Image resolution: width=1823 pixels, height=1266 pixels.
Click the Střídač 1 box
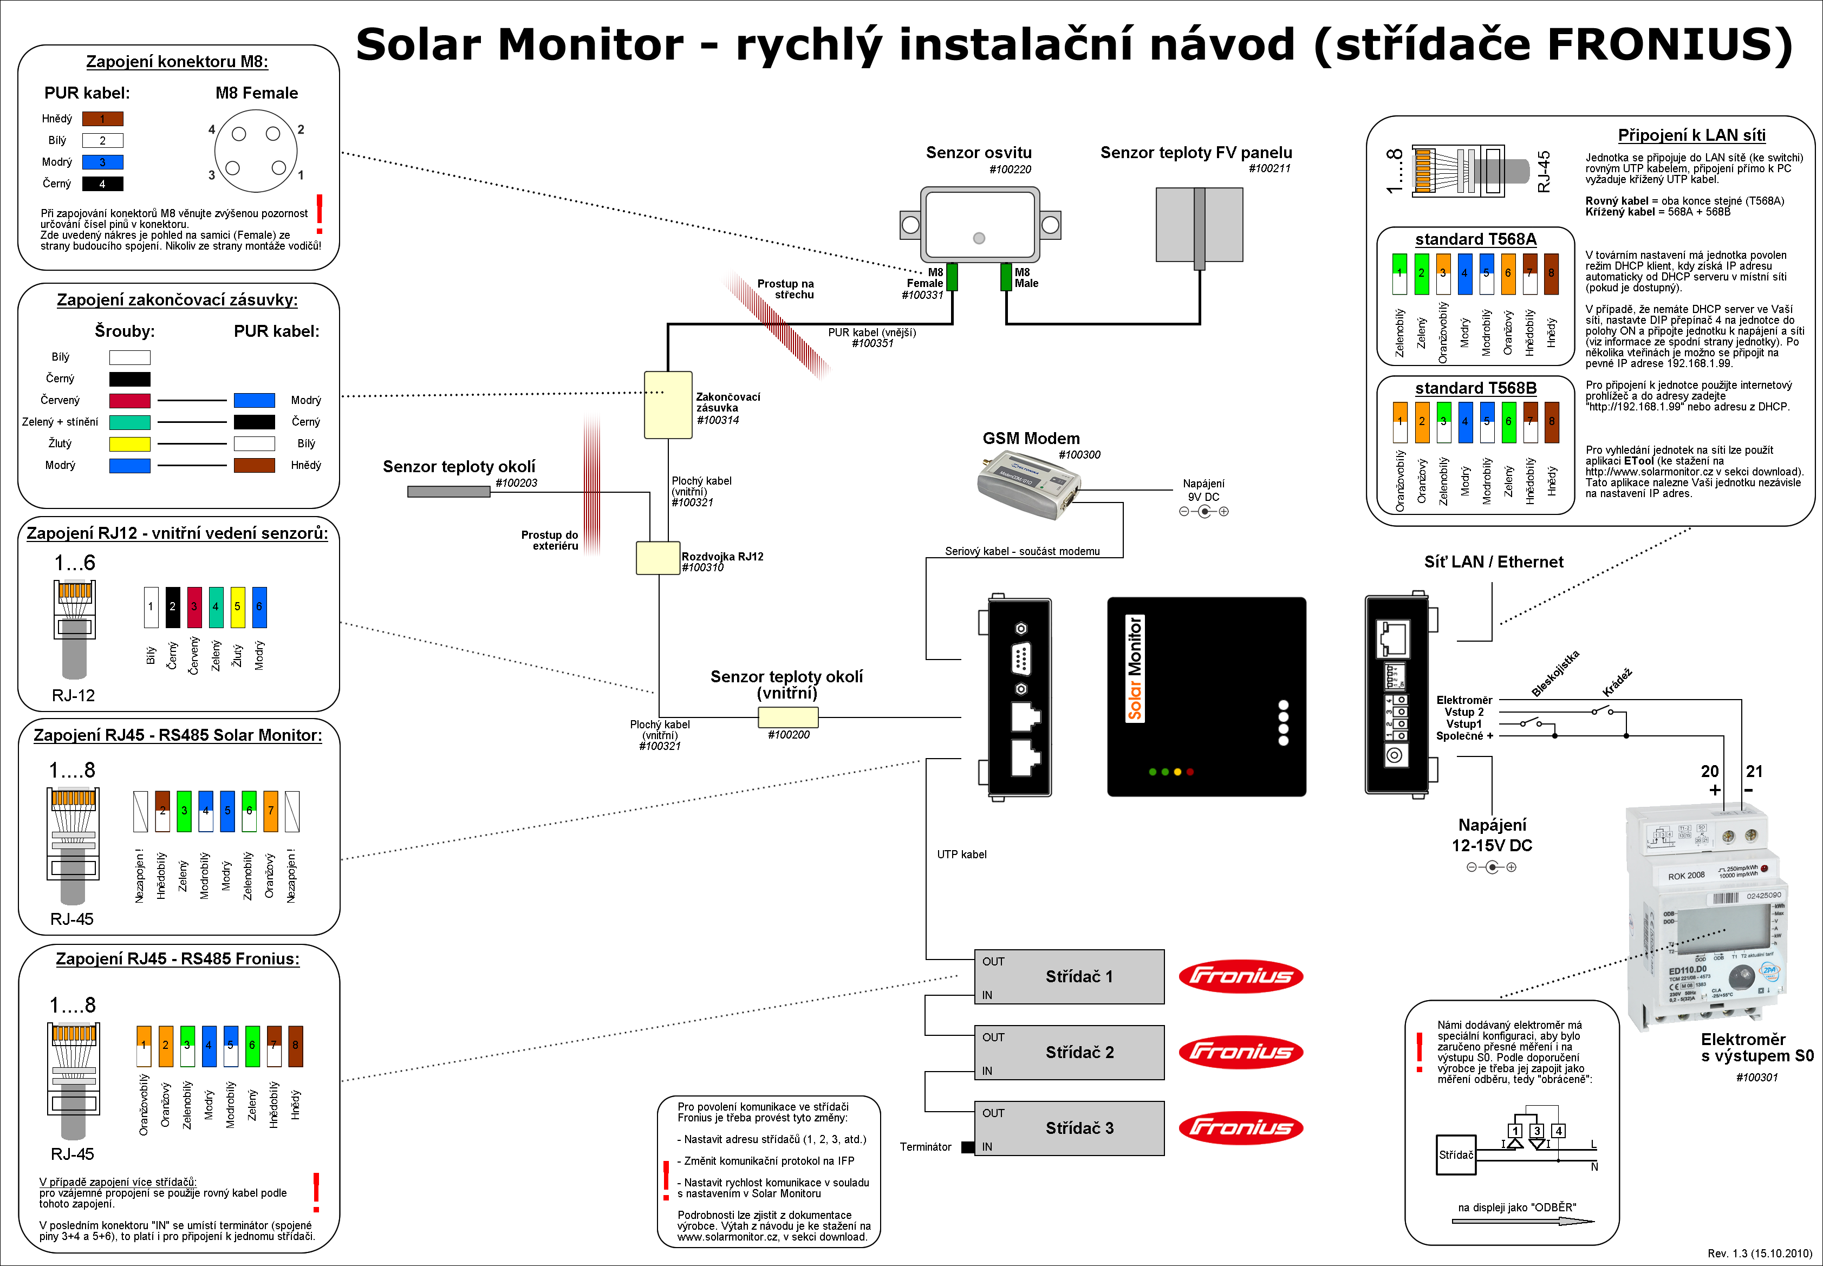1069,976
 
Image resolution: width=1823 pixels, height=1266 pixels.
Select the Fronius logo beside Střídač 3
1241,1127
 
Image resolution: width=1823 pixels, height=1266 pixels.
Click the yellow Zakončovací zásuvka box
668,404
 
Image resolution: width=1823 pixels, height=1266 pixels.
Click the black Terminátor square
968,1147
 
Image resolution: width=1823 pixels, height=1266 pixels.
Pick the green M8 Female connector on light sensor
952,277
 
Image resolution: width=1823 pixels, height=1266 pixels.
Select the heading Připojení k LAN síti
1691,135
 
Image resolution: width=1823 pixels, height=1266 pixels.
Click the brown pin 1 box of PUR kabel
102,119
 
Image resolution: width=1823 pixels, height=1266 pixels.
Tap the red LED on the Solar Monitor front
1190,772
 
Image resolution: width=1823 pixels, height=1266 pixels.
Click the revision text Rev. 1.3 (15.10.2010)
1760,1254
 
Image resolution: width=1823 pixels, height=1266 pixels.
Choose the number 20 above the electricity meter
1710,771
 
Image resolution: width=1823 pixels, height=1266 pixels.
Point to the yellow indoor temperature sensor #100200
787,717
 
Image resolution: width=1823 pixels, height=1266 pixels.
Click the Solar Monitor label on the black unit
1135,668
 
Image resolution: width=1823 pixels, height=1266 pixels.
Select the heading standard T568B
1475,388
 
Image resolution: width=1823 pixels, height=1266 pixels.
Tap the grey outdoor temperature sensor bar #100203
448,492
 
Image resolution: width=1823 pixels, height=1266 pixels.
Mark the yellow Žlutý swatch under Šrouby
129,443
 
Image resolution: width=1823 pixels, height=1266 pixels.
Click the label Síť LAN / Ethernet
1493,562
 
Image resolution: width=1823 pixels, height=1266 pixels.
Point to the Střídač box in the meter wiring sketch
1456,1155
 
